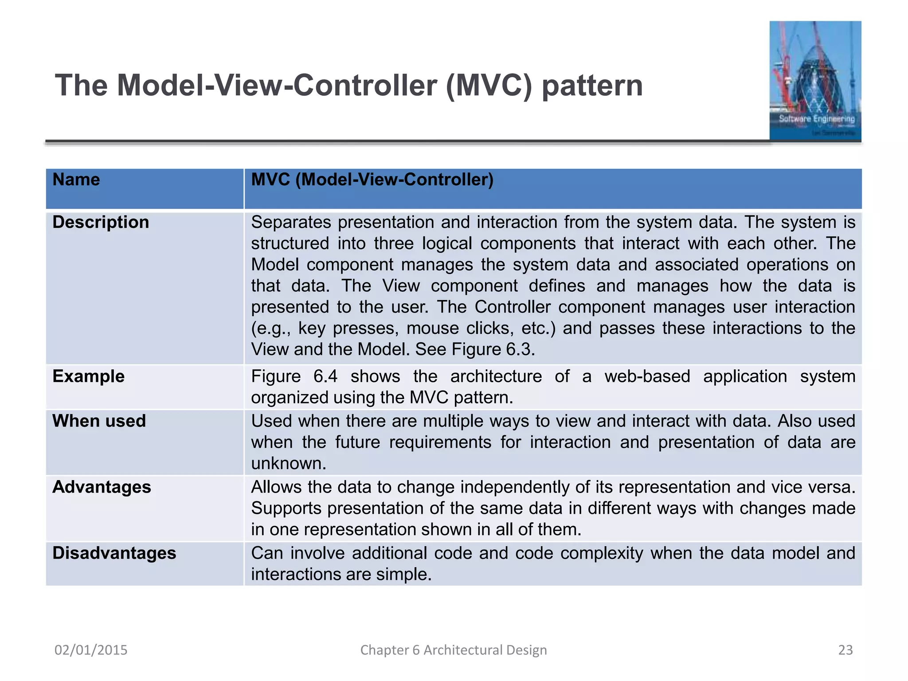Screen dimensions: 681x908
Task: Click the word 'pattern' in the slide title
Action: click(x=592, y=86)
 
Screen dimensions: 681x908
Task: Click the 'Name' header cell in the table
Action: click(x=76, y=180)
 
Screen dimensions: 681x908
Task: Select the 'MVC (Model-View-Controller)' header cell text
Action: click(x=372, y=180)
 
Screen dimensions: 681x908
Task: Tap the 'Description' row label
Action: click(x=101, y=222)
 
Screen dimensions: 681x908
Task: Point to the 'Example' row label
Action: click(x=88, y=376)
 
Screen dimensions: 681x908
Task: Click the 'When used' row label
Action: click(x=99, y=421)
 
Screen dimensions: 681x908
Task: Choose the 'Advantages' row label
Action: click(x=102, y=487)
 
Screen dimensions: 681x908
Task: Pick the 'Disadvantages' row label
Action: click(x=114, y=553)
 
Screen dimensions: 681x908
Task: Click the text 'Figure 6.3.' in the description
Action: click(x=493, y=349)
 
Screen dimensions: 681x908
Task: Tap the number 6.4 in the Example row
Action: click(x=325, y=376)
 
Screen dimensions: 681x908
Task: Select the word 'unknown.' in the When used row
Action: click(x=289, y=463)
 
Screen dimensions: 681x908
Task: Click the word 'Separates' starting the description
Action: click(x=291, y=222)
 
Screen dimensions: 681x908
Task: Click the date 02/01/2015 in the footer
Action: click(x=91, y=650)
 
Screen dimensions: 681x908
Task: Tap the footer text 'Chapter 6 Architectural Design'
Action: click(x=453, y=650)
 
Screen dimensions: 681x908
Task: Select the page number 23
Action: click(x=845, y=650)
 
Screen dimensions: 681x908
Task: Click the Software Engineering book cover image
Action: click(x=815, y=81)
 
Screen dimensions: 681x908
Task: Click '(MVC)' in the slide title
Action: click(x=489, y=86)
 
